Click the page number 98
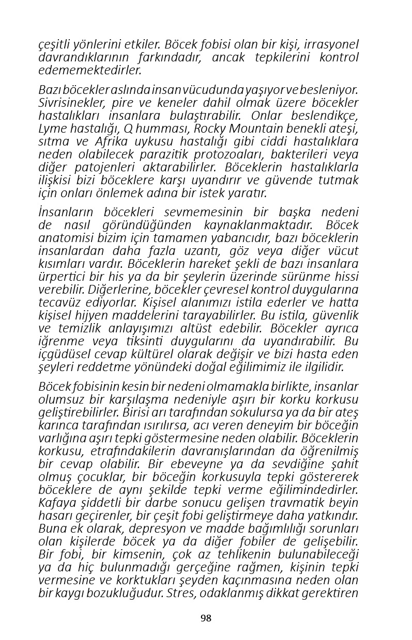[206, 618]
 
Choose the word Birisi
[136, 412]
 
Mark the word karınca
[55, 425]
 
